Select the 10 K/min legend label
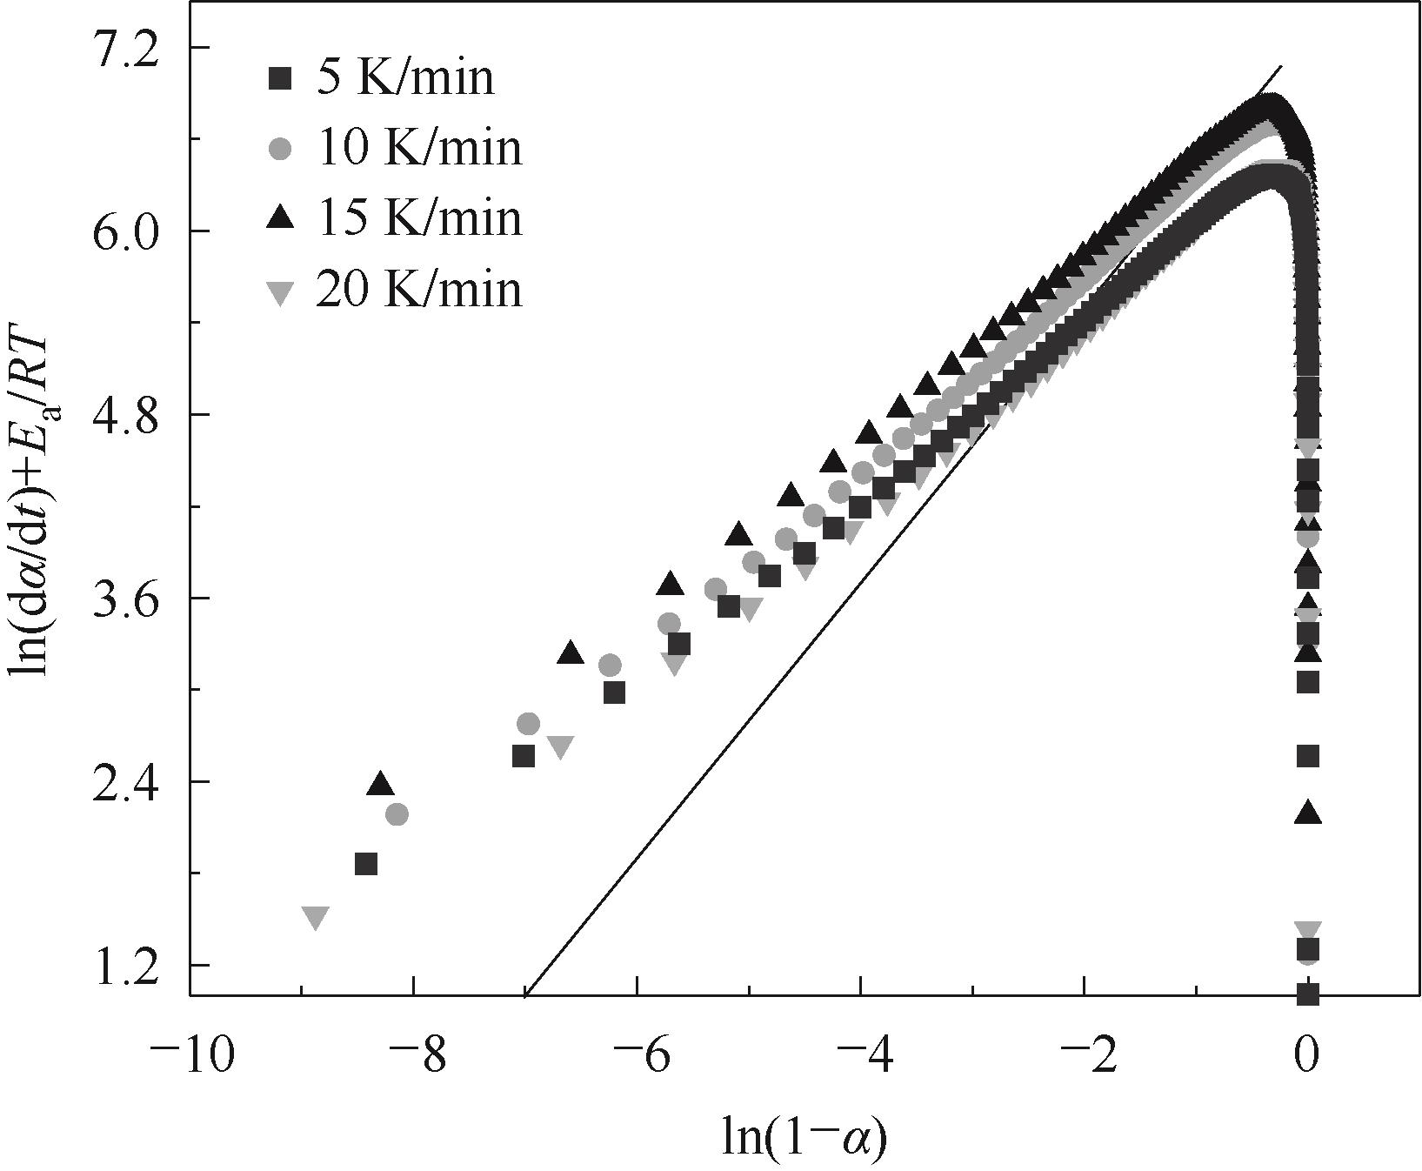tap(419, 147)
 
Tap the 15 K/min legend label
tap(419, 217)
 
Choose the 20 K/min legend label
tap(419, 288)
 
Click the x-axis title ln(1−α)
tap(804, 1137)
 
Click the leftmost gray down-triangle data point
tap(316, 917)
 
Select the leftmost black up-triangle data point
tap(380, 783)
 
